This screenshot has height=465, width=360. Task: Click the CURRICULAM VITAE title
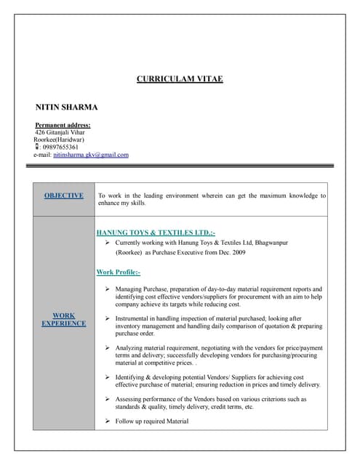(x=180, y=78)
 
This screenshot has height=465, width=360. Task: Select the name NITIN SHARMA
(x=66, y=107)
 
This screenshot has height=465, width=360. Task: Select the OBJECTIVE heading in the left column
(x=63, y=195)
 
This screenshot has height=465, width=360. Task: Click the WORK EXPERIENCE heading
(x=63, y=319)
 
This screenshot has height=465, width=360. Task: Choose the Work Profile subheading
(x=118, y=272)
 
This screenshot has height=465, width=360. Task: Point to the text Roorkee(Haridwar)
(x=59, y=139)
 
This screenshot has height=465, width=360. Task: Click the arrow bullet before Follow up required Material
(x=107, y=421)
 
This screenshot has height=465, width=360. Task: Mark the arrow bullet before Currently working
(x=107, y=242)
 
